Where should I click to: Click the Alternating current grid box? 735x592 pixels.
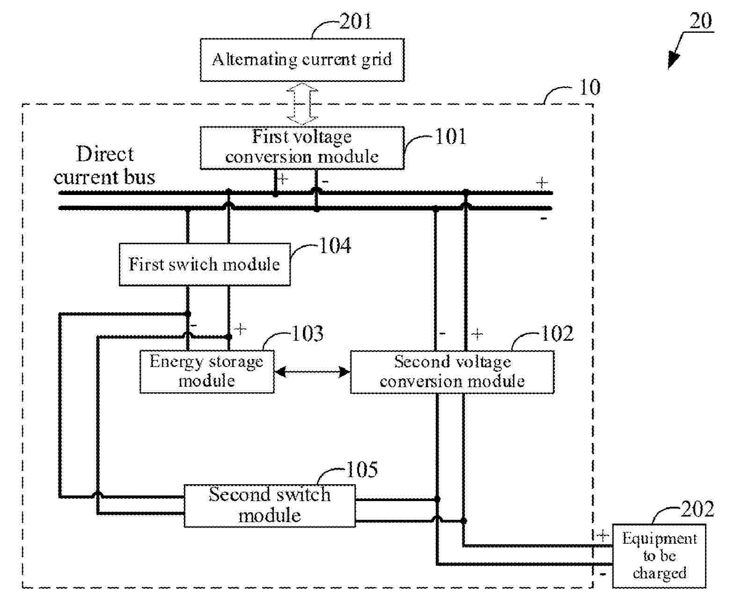click(302, 60)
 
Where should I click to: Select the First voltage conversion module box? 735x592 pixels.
click(302, 147)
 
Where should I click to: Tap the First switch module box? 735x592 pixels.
click(205, 264)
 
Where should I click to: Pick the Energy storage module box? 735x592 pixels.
click(206, 371)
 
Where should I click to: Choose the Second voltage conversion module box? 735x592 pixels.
click(452, 372)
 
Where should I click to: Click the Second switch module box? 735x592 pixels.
click(269, 506)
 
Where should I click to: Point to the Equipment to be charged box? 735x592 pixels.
click(659, 556)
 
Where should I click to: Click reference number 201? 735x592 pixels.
click(355, 22)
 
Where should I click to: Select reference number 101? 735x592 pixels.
click(450, 137)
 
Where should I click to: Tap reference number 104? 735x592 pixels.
click(335, 246)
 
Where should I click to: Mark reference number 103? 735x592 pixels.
click(308, 334)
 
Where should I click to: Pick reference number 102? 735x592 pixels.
click(557, 334)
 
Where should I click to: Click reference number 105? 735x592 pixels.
click(361, 470)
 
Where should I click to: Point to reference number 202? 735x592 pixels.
click(697, 509)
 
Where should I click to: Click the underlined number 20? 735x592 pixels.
click(701, 21)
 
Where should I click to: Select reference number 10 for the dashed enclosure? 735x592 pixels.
click(589, 88)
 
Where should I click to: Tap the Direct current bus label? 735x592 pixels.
click(104, 166)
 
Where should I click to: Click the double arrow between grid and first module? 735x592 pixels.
click(302, 104)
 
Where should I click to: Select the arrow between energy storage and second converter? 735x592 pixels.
click(312, 372)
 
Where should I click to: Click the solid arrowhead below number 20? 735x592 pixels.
click(674, 60)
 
